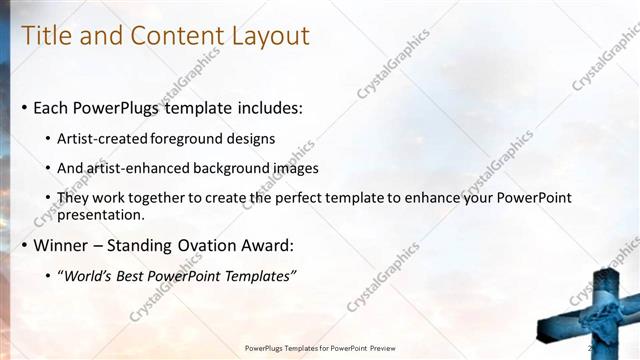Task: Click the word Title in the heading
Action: [x=47, y=36]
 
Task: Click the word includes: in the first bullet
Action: [x=263, y=107]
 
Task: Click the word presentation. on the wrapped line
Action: [x=101, y=214]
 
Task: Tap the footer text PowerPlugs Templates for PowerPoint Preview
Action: [x=320, y=348]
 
